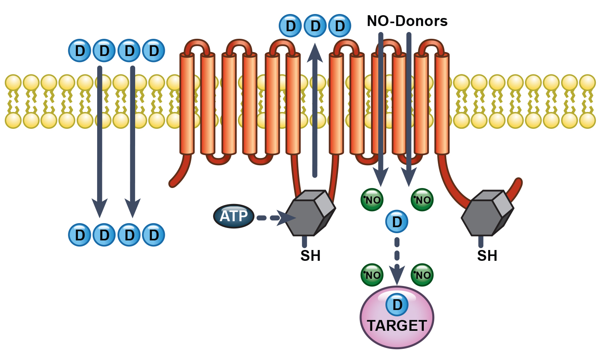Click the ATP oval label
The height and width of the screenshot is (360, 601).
point(234,216)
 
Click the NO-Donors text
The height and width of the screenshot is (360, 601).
point(407,21)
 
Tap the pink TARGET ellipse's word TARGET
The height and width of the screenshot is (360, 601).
point(397,326)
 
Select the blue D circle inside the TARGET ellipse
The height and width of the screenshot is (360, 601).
point(397,305)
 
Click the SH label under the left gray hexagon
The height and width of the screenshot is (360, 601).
point(310,256)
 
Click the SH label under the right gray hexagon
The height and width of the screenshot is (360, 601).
point(487,256)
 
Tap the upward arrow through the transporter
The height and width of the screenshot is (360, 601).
point(315,112)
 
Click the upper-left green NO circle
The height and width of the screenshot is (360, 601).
point(372,200)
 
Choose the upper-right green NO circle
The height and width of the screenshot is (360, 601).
point(422,200)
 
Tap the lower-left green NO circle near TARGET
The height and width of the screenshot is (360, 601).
point(372,275)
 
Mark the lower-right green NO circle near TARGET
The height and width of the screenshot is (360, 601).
point(422,275)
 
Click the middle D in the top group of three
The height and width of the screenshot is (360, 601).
point(315,26)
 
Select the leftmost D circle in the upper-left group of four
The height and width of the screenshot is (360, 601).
point(80,51)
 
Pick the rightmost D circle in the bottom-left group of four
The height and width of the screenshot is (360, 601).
point(154,235)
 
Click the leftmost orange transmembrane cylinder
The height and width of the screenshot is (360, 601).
point(187,104)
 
